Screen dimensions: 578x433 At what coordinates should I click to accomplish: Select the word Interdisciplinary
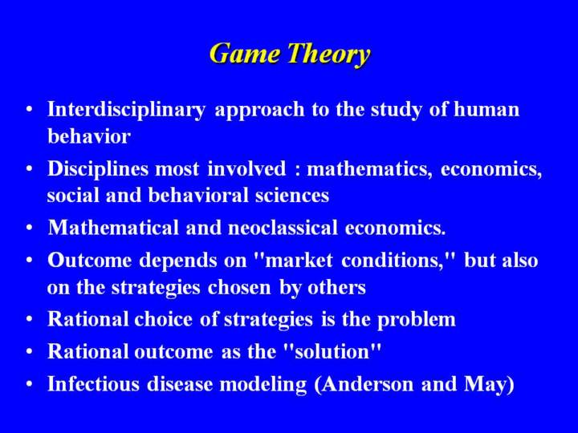tap(127, 110)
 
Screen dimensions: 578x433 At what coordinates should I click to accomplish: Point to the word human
tap(486, 109)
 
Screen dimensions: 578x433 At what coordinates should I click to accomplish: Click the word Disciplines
tap(97, 169)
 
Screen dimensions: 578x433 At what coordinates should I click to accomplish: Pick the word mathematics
tap(369, 169)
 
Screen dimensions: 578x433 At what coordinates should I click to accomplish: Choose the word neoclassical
tap(283, 227)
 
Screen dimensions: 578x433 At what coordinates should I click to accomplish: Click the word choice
tap(163, 319)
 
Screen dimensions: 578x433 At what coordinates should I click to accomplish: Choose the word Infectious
tap(94, 383)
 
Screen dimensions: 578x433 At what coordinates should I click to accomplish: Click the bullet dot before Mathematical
tap(30, 228)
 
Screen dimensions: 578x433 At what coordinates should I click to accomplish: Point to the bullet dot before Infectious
tap(30, 384)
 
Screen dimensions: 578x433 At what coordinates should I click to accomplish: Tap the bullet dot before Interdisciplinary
tap(30, 110)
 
